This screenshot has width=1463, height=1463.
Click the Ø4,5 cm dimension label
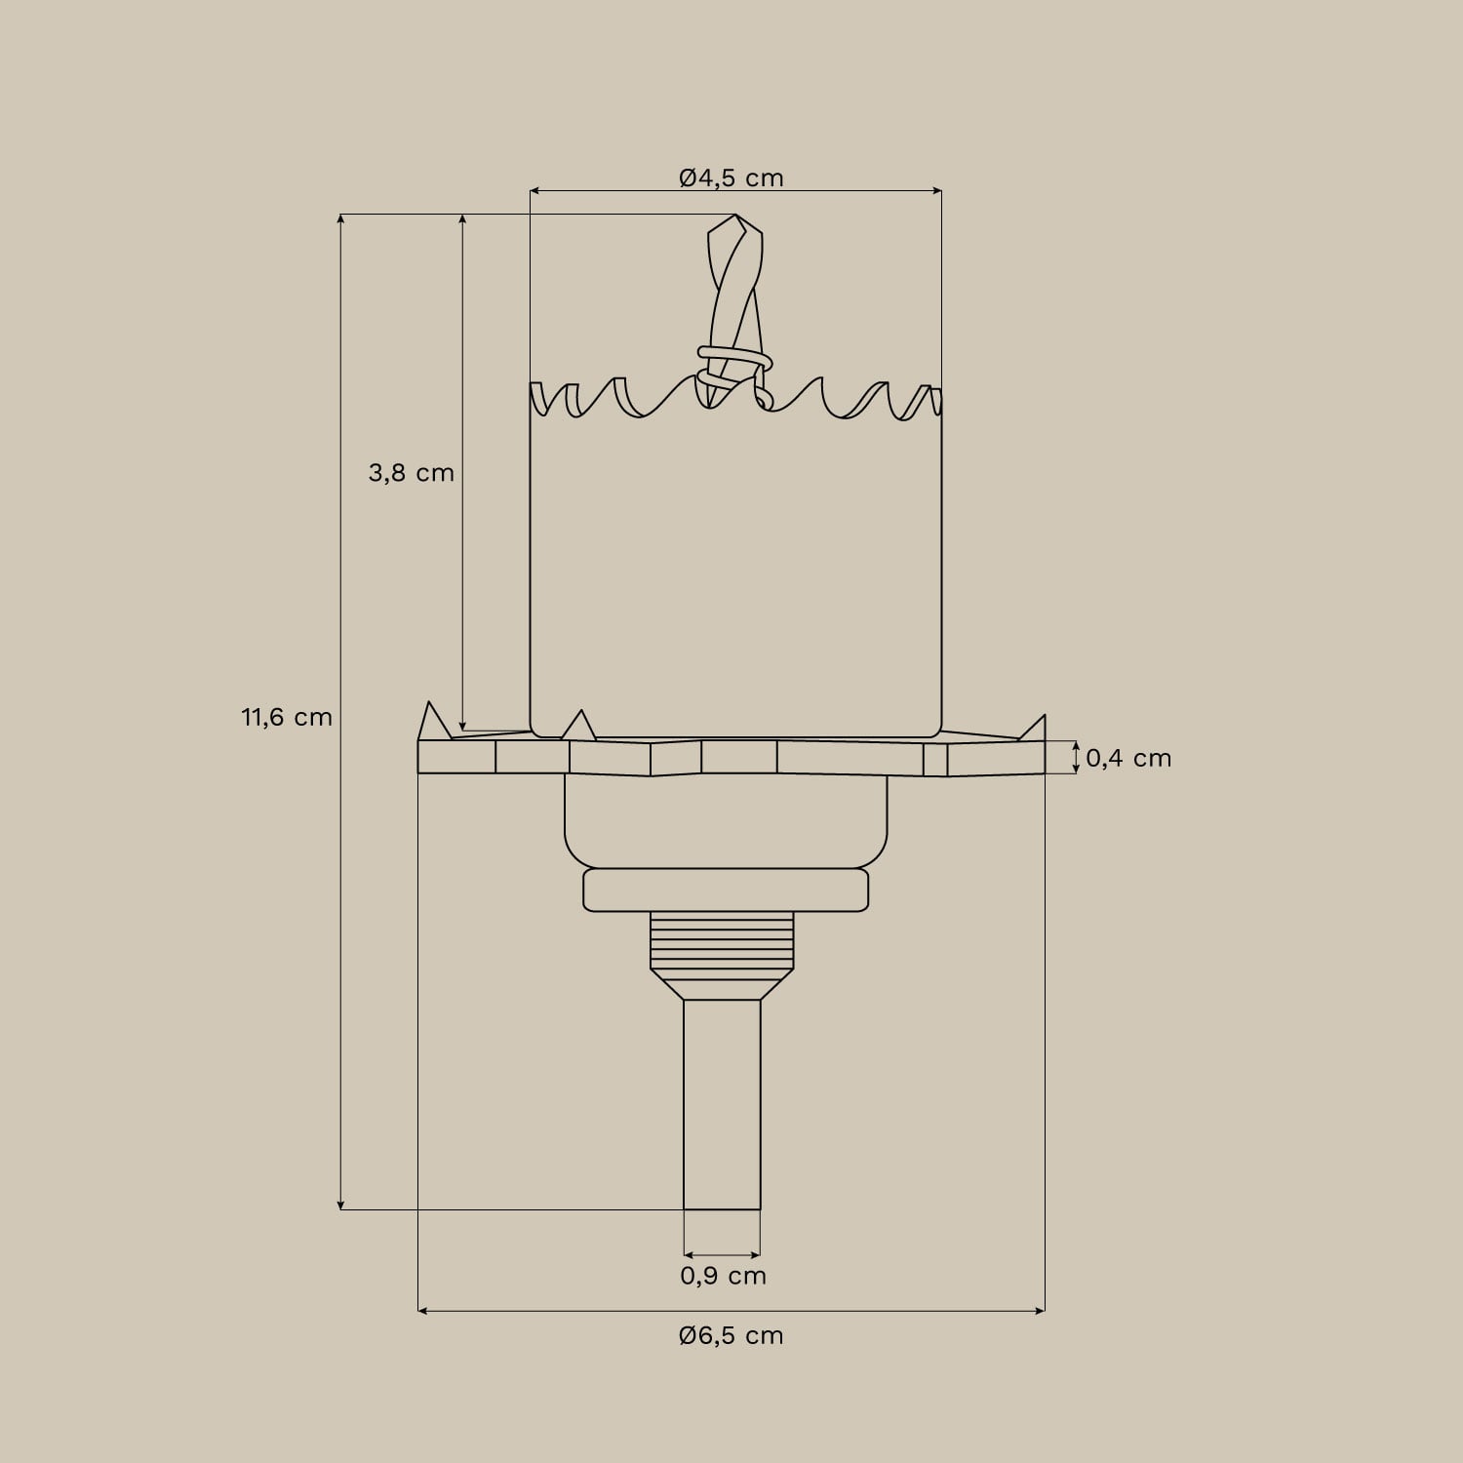click(731, 178)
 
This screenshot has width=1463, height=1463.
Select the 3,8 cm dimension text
click(411, 473)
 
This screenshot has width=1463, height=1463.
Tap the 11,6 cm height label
click(287, 718)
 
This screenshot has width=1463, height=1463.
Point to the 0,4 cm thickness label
click(1128, 758)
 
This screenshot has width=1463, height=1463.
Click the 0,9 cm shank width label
click(723, 1276)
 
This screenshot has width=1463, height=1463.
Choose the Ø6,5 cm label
click(731, 1335)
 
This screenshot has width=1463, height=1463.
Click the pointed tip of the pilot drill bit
click(734, 217)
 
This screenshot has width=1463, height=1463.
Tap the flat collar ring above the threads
click(726, 890)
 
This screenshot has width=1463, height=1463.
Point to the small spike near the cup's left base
click(579, 725)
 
